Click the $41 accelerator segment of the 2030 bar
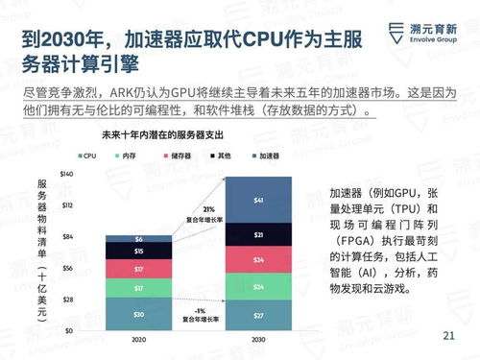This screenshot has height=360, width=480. pos(258,200)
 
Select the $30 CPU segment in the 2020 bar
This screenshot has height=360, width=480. pos(138,314)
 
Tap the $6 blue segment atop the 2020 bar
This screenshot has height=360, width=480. pos(138,238)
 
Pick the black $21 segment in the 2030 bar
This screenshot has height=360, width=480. pos(258,234)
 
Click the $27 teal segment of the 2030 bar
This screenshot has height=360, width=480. pos(258,314)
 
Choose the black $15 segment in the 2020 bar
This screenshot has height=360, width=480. pos(138,252)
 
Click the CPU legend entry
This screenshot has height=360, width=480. pos(88,155)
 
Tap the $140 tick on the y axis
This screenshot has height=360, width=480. pos(66,174)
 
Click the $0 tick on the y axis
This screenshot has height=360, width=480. pos(70,330)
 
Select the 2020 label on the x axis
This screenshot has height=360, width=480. pos(138,340)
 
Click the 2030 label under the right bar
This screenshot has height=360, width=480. pos(258,340)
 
